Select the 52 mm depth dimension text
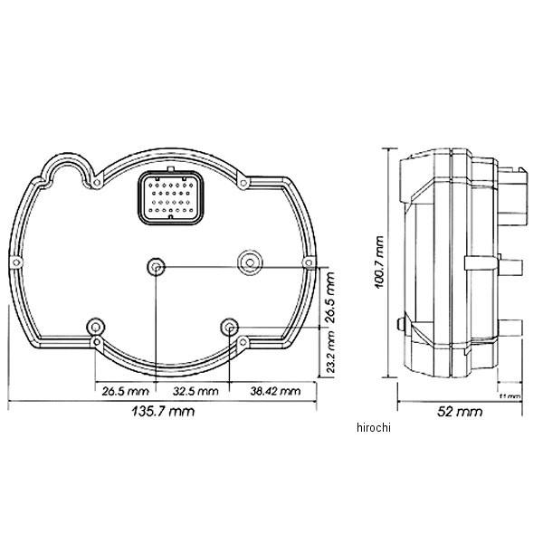(x=456, y=412)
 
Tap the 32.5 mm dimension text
(x=195, y=391)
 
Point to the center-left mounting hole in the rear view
(x=157, y=267)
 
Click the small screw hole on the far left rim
(x=17, y=262)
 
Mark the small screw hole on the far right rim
(x=310, y=263)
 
